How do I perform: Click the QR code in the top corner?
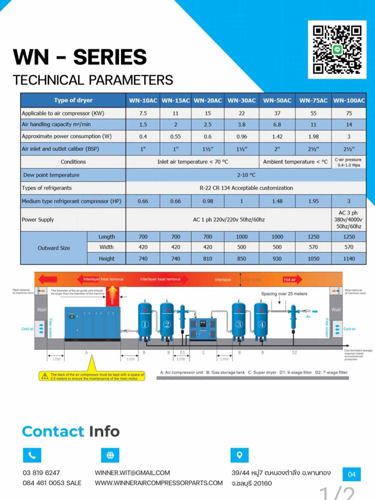coord(337,49)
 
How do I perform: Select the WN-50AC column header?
coord(277,100)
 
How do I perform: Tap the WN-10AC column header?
coord(143,100)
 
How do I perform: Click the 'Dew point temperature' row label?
coord(51,175)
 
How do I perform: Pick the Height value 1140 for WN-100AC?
coord(349,259)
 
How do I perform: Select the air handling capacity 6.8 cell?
coord(277,125)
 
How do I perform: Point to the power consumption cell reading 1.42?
coord(277,136)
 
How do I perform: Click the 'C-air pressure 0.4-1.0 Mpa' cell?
coord(349,162)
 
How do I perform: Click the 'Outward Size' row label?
coord(54,248)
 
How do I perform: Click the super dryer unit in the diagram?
coord(203,329)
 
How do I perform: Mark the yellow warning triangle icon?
coord(45,376)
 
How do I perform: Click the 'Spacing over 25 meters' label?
coord(284,294)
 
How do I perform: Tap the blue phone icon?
coord(32,455)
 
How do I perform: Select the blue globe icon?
coord(110,455)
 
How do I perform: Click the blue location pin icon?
coord(240,455)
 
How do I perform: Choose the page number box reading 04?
coord(351,474)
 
